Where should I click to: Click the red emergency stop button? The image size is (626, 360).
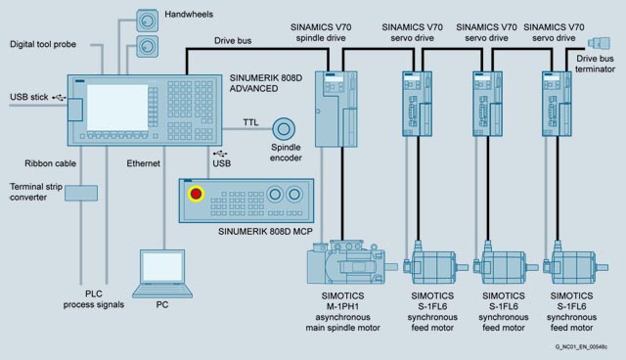point(196,194)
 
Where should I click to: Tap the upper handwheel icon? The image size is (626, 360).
point(147,21)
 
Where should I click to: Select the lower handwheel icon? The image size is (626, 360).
point(147,46)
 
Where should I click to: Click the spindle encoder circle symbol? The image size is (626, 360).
point(284,129)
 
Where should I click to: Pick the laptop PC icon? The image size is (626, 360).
point(162,273)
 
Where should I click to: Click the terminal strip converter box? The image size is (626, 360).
point(81,193)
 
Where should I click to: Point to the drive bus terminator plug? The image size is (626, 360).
point(599,43)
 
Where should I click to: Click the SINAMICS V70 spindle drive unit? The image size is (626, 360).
point(335,109)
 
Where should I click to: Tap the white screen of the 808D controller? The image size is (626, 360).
point(117,107)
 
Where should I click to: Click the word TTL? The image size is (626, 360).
point(250,122)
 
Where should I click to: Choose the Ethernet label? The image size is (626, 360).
point(144,163)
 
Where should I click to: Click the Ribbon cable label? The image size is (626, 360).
point(50,163)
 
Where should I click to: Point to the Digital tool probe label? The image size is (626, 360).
point(43,44)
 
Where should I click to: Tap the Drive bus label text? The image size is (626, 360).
point(233,41)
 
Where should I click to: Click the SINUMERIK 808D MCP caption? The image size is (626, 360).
point(265,232)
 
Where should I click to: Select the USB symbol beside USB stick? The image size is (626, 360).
point(59,98)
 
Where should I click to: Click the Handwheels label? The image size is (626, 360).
point(189,15)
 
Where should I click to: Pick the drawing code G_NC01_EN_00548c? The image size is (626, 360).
point(581,347)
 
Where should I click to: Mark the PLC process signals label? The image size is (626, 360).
point(94,299)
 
